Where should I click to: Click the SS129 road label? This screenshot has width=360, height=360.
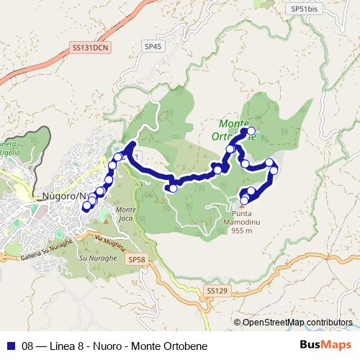pyautogui.click(x=216, y=290)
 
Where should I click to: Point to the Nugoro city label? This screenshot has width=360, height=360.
pyautogui.click(x=61, y=196)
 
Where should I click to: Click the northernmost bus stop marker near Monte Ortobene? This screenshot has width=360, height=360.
pyautogui.click(x=251, y=132)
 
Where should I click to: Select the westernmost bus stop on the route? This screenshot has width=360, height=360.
pyautogui.click(x=86, y=207)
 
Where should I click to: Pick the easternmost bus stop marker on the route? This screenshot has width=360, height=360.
pyautogui.click(x=274, y=170)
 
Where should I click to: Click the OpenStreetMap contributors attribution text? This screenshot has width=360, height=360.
pyautogui.click(x=297, y=323)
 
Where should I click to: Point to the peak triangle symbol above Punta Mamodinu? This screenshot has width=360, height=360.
pyautogui.click(x=240, y=205)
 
